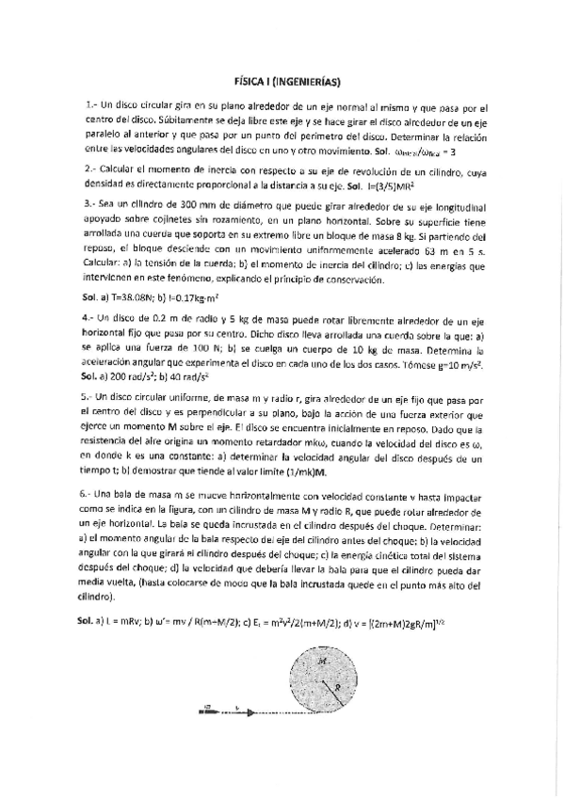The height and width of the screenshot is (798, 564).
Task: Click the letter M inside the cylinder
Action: click(324, 661)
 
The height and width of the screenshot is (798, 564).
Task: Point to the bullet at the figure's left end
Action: click(206, 711)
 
